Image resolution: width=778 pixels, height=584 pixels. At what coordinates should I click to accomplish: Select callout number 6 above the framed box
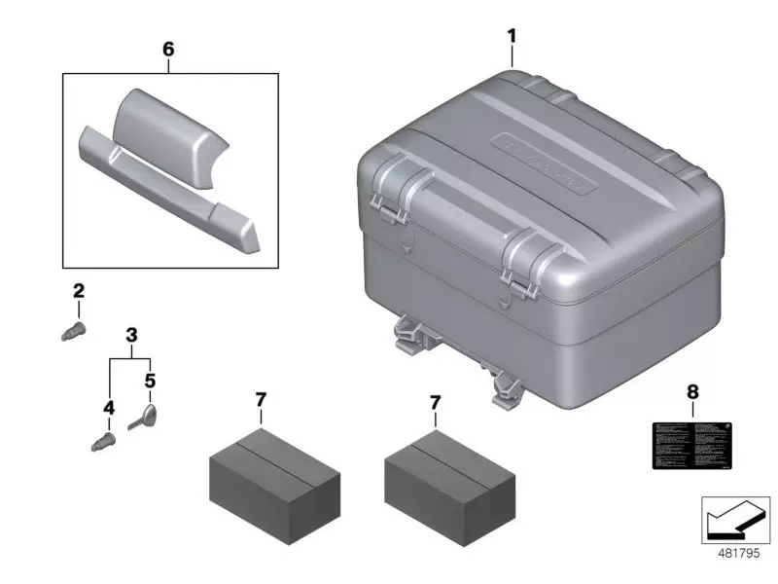[x=168, y=47]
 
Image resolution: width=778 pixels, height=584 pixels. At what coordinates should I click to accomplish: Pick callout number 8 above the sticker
[x=691, y=392]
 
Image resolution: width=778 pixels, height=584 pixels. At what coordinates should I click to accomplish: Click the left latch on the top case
[x=400, y=188]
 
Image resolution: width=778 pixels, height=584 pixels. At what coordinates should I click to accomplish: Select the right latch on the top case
[x=527, y=257]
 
